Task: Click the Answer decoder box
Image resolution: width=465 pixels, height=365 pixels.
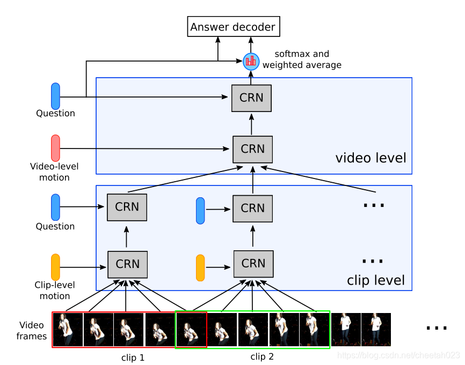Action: [x=233, y=27]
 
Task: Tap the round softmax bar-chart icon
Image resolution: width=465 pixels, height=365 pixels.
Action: [x=250, y=61]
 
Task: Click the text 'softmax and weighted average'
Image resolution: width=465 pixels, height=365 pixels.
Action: [x=302, y=59]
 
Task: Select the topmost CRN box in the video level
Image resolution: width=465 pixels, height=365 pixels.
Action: [x=251, y=99]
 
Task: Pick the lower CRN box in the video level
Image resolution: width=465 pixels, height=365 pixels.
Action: [x=252, y=149]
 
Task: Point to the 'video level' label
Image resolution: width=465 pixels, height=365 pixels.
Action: [x=370, y=158]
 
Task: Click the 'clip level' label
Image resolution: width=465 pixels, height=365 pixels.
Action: [x=376, y=280]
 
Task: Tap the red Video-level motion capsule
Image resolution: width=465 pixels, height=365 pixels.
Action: [x=55, y=148]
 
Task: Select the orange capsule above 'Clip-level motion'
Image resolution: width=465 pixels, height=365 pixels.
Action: [x=55, y=266]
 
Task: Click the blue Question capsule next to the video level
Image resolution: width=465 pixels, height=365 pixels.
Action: [x=55, y=96]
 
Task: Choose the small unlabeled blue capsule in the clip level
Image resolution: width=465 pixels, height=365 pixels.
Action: [x=200, y=210]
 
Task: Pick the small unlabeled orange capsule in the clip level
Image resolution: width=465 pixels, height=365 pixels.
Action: [x=200, y=268]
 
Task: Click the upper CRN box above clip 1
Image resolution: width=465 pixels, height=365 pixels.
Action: [x=127, y=207]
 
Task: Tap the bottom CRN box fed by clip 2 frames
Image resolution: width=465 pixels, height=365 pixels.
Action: [x=253, y=264]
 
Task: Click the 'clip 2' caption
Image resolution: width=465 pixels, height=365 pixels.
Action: [x=263, y=356]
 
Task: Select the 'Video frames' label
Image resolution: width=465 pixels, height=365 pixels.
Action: [x=32, y=331]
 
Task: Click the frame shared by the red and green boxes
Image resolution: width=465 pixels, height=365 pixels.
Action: [x=191, y=329]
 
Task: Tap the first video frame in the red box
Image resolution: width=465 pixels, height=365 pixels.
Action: [x=68, y=329]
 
